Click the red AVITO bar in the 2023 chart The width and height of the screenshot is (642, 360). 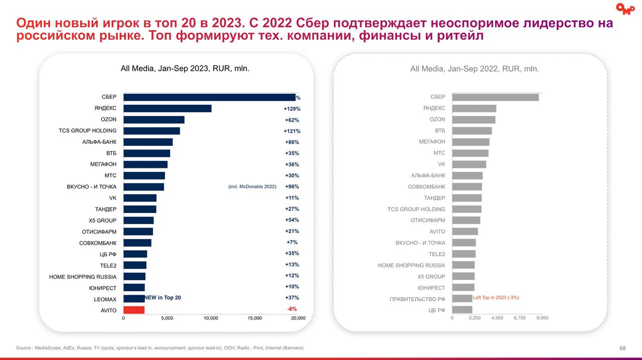(134, 310)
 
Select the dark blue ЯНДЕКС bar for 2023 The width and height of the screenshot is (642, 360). (167, 108)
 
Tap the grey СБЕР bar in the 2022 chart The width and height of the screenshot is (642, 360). (495, 97)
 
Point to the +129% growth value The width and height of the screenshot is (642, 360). (292, 109)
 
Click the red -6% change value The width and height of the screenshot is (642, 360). (292, 309)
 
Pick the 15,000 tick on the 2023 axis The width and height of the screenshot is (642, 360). (254, 318)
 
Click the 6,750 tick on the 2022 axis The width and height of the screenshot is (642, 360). (519, 318)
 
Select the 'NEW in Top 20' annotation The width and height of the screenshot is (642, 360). (163, 298)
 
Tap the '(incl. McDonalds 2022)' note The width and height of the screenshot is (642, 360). (252, 187)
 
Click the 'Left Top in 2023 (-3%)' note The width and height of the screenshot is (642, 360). (496, 298)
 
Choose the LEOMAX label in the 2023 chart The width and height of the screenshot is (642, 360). (105, 299)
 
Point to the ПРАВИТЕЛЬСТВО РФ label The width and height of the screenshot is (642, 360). (417, 299)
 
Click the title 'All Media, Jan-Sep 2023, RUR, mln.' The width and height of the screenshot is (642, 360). (185, 69)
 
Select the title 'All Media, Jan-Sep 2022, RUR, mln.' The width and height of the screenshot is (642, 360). (474, 69)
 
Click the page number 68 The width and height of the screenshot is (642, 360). (622, 348)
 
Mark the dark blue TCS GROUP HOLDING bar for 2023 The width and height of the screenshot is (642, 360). (151, 131)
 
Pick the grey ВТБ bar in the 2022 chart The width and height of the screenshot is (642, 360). (471, 131)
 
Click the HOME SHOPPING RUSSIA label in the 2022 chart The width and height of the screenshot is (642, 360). (411, 265)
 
